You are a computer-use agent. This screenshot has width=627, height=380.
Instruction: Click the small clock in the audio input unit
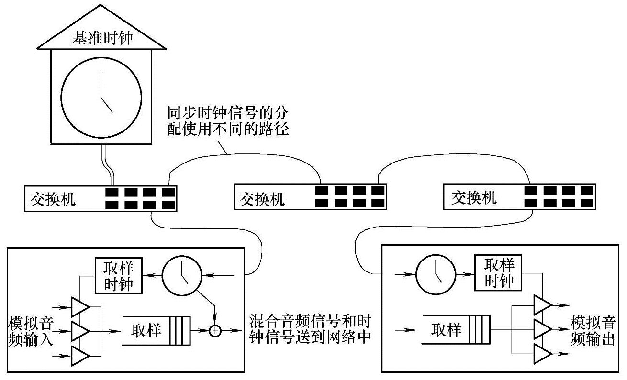pyautogui.click(x=181, y=276)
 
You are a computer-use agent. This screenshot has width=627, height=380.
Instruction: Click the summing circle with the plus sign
pyautogui.click(x=216, y=330)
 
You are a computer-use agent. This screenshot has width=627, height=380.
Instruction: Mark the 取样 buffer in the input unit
pyautogui.click(x=157, y=330)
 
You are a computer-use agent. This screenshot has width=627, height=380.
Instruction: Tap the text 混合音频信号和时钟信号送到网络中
pyautogui.click(x=311, y=328)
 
